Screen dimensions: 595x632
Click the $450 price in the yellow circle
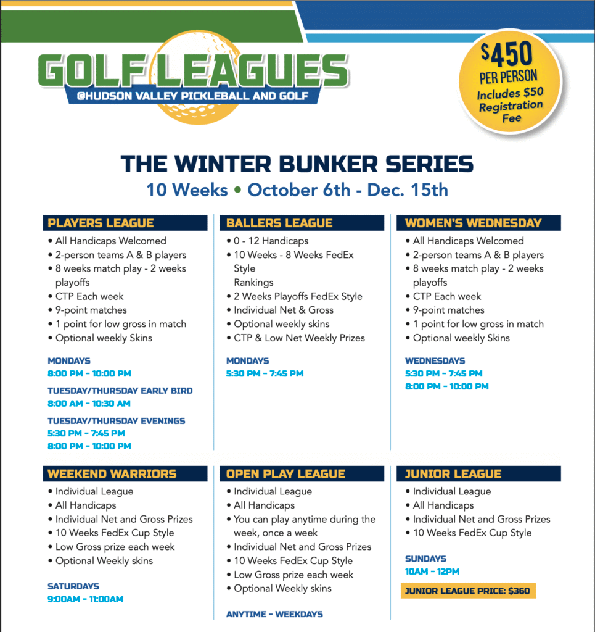pyautogui.click(x=507, y=54)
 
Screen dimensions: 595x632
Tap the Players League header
pyautogui.click(x=125, y=223)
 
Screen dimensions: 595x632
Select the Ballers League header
pyautogui.click(x=302, y=223)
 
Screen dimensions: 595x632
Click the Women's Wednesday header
pyautogui.click(x=478, y=223)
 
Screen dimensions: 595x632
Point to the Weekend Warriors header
pyautogui.click(x=125, y=473)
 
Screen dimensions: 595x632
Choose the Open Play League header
pyautogui.click(x=302, y=473)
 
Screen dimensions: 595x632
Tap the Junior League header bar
pyautogui.click(x=478, y=473)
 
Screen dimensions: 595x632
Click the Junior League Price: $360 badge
pyautogui.click(x=468, y=591)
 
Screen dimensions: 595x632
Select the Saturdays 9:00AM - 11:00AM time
pyautogui.click(x=85, y=599)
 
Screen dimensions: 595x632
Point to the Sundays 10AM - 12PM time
pyautogui.click(x=432, y=572)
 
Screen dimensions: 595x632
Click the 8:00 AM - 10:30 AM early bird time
pyautogui.click(x=89, y=404)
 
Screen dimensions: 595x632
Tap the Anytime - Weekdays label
pyautogui.click(x=274, y=614)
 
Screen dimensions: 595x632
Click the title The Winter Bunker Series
pyautogui.click(x=297, y=164)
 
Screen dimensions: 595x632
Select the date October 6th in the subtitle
pyautogui.click(x=298, y=190)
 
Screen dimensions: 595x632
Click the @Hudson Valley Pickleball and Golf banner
pyautogui.click(x=193, y=96)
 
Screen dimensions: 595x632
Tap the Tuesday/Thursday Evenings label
pyautogui.click(x=117, y=421)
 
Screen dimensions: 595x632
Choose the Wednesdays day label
pyautogui.click(x=435, y=360)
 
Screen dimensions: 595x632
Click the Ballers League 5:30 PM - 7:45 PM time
pyautogui.click(x=265, y=373)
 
